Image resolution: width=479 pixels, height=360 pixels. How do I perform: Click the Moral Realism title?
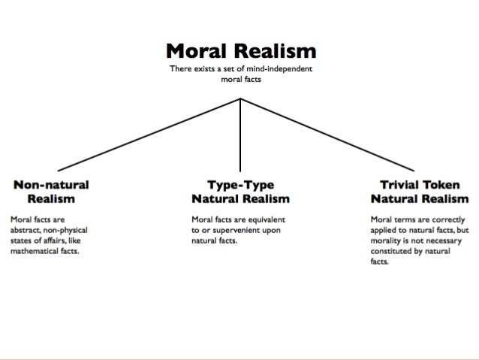239,52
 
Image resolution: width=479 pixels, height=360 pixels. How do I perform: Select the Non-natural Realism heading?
50,192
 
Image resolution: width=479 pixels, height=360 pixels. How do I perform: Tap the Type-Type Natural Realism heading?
239,192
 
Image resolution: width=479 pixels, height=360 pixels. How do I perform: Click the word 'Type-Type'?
239,185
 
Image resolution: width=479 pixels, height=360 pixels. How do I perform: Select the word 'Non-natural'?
50,185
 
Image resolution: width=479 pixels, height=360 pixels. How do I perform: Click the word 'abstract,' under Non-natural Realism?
26,231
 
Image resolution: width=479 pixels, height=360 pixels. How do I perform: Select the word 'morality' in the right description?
387,241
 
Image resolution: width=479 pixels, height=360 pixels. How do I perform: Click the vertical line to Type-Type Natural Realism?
240,135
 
